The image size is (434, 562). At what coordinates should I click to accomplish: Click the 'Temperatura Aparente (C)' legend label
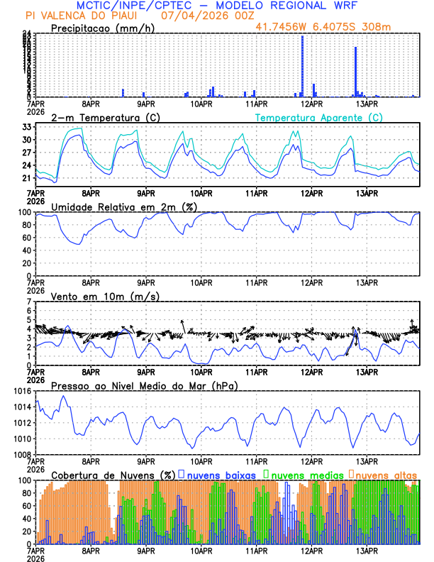pos(318,117)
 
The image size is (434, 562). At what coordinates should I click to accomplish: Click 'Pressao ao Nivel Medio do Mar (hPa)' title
pos(144,385)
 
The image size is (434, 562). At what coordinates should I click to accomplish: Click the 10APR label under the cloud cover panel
pos(201,550)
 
